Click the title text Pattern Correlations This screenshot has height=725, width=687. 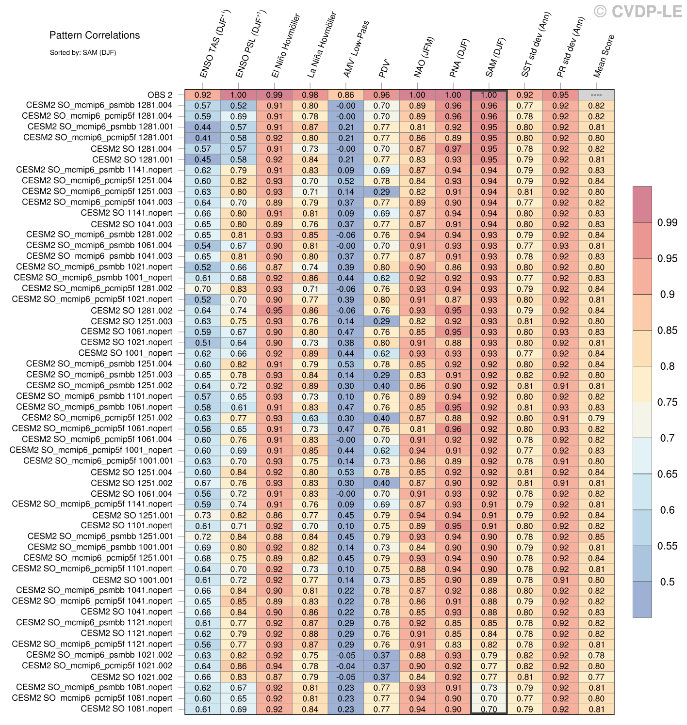tap(95, 35)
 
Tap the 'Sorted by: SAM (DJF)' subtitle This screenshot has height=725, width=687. tap(82, 52)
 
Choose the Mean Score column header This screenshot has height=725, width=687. tap(604, 56)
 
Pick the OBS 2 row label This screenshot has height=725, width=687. tap(160, 95)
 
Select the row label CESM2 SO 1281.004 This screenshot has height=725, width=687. tap(131, 149)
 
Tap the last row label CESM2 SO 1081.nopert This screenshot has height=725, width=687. tap(126, 709)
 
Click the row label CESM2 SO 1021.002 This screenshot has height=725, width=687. tap(131, 677)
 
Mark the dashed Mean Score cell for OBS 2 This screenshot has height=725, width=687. tap(596, 95)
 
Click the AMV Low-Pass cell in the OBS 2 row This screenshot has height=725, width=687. tap(346, 95)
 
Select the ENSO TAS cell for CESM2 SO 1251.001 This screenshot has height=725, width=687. tap(203, 515)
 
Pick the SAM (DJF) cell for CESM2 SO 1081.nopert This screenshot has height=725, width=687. tap(489, 709)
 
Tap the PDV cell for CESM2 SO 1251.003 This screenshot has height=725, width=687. tap(382, 321)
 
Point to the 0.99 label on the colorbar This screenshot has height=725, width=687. tap(667, 222)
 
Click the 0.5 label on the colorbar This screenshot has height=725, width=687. tap(667, 582)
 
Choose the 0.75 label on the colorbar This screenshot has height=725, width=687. tap(667, 402)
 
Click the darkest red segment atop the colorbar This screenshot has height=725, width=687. tap(642, 204)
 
